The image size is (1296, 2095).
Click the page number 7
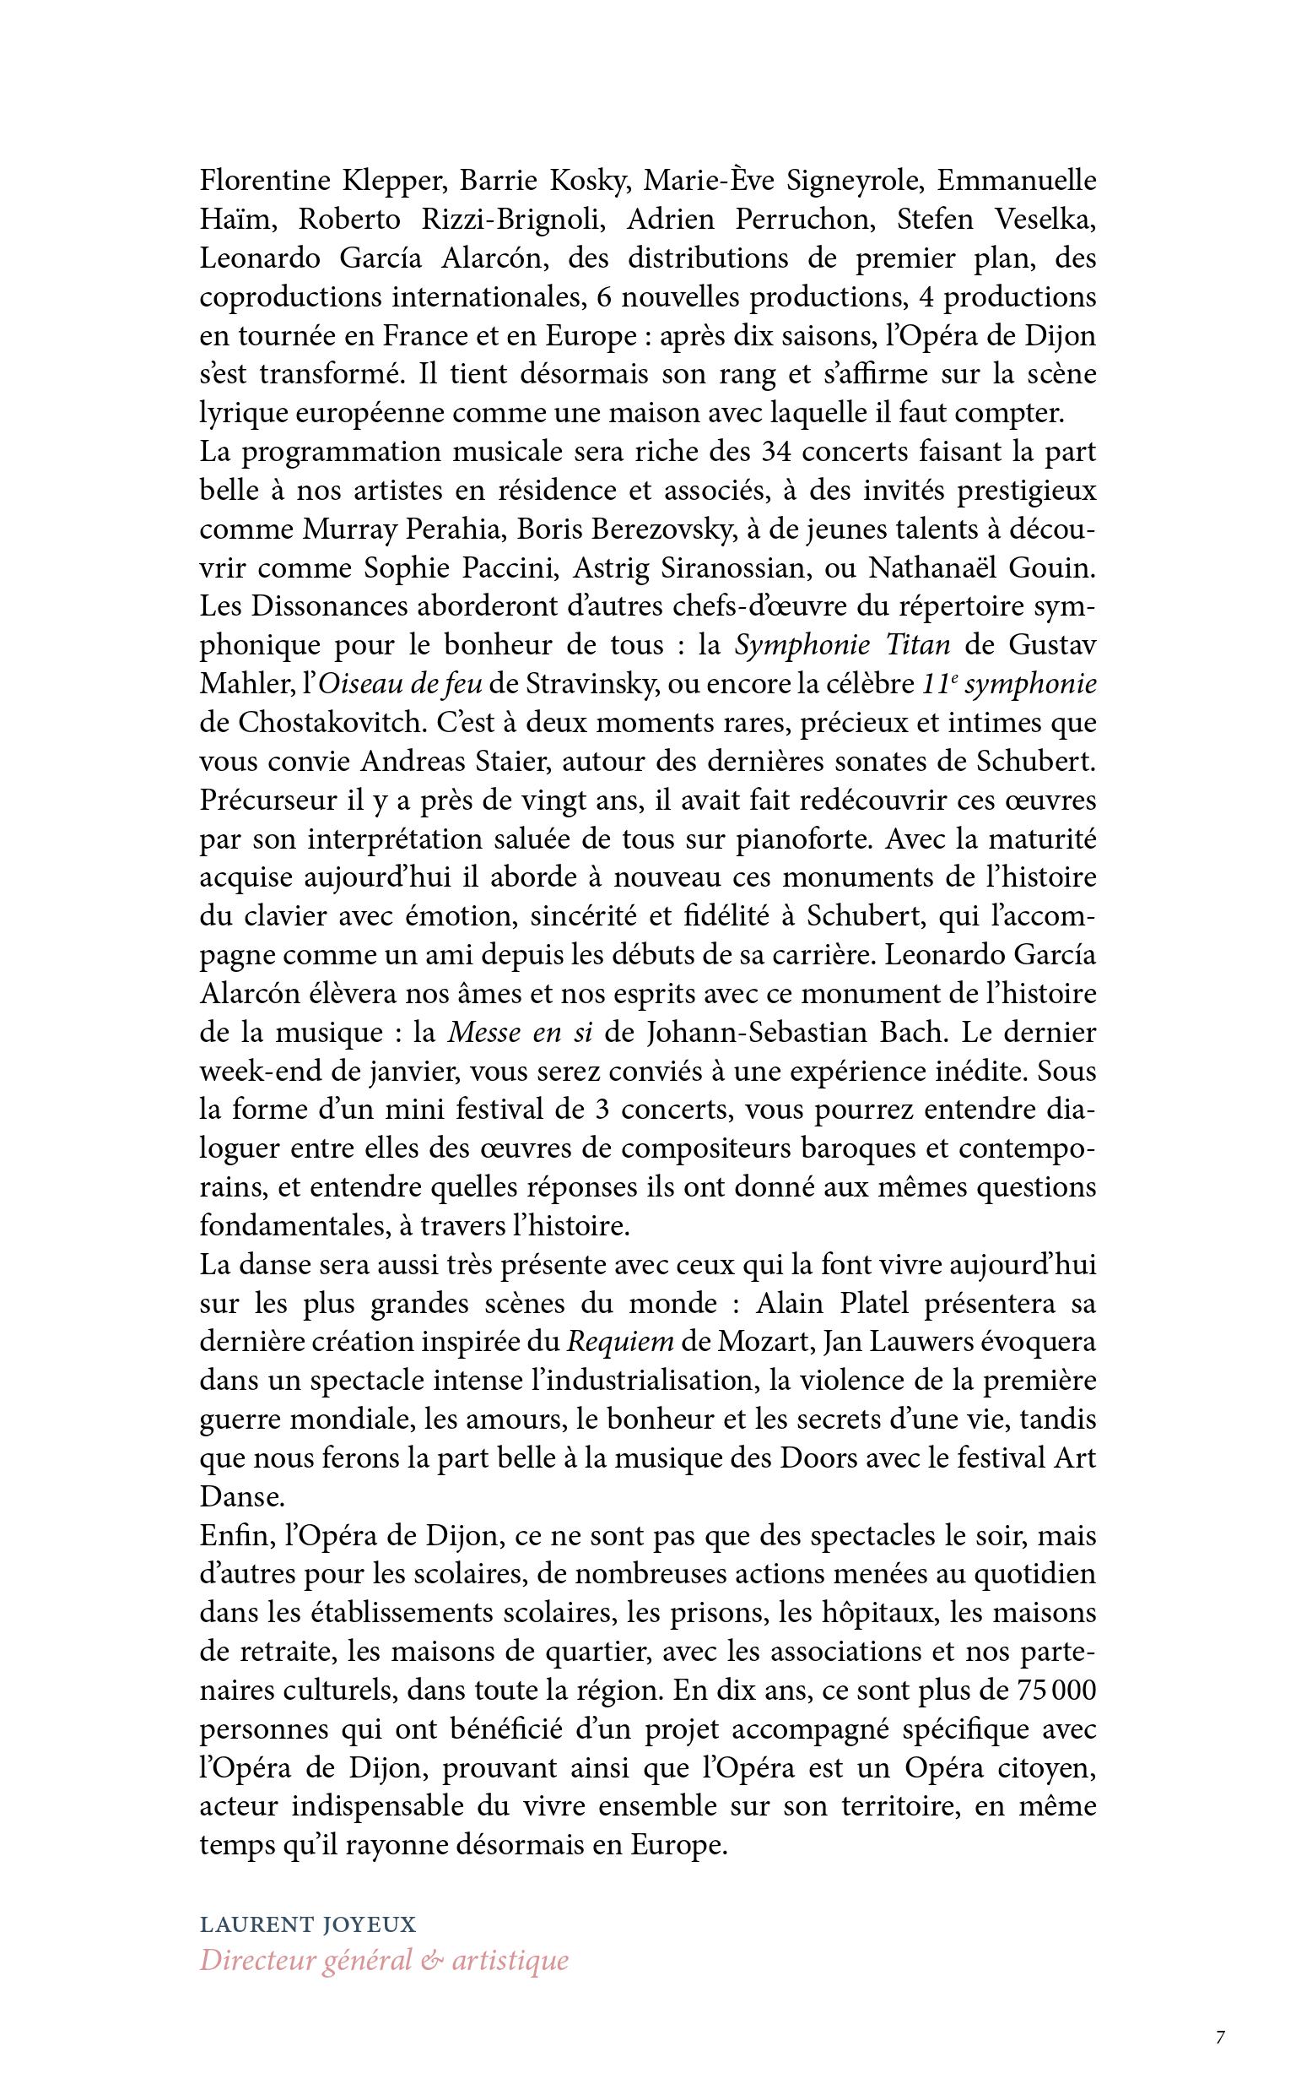[1220, 2036]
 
